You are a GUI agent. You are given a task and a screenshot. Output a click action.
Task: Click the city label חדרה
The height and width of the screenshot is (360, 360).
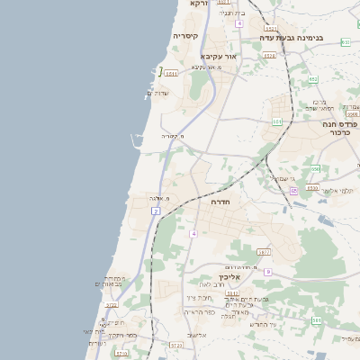(x=220, y=202)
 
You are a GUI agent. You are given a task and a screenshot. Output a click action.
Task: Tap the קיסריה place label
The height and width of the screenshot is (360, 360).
(x=185, y=36)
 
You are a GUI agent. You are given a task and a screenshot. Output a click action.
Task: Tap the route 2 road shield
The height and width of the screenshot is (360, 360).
(x=156, y=211)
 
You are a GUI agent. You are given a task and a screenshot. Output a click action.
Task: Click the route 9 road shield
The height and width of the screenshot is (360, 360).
(x=267, y=271)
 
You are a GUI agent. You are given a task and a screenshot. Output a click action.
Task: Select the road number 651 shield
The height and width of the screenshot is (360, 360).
(x=277, y=121)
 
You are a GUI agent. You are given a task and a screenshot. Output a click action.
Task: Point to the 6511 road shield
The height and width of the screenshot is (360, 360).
(x=171, y=72)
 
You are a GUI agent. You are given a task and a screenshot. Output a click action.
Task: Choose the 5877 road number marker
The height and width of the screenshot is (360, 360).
(x=263, y=252)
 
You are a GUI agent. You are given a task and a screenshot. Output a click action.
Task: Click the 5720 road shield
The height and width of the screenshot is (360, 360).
(x=175, y=345)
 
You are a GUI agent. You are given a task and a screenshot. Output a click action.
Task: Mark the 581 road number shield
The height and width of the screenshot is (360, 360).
(x=317, y=319)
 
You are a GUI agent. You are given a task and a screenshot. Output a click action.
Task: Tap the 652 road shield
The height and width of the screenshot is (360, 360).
(x=313, y=79)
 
